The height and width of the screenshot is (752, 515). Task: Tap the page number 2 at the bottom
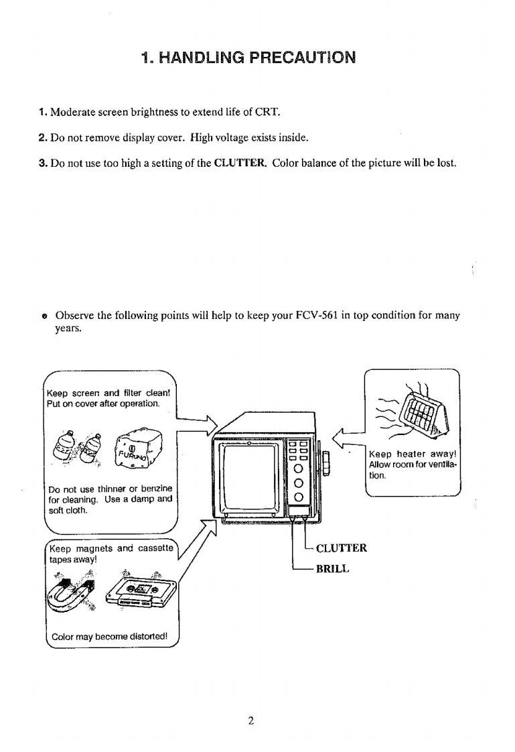pyautogui.click(x=250, y=721)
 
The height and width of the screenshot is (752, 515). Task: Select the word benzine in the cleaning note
pyautogui.click(x=153, y=487)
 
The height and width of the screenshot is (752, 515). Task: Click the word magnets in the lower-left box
pyautogui.click(x=96, y=548)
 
